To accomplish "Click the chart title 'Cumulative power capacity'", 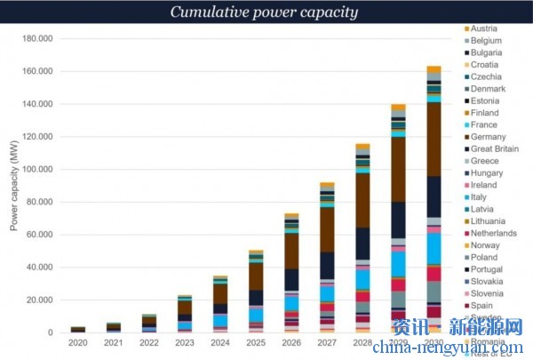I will [x=266, y=12].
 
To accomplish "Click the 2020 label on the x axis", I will [x=78, y=343].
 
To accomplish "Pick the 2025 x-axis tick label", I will [x=256, y=343].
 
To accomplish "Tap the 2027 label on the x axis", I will [x=327, y=343].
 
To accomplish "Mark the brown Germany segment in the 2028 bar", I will [x=362, y=200].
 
